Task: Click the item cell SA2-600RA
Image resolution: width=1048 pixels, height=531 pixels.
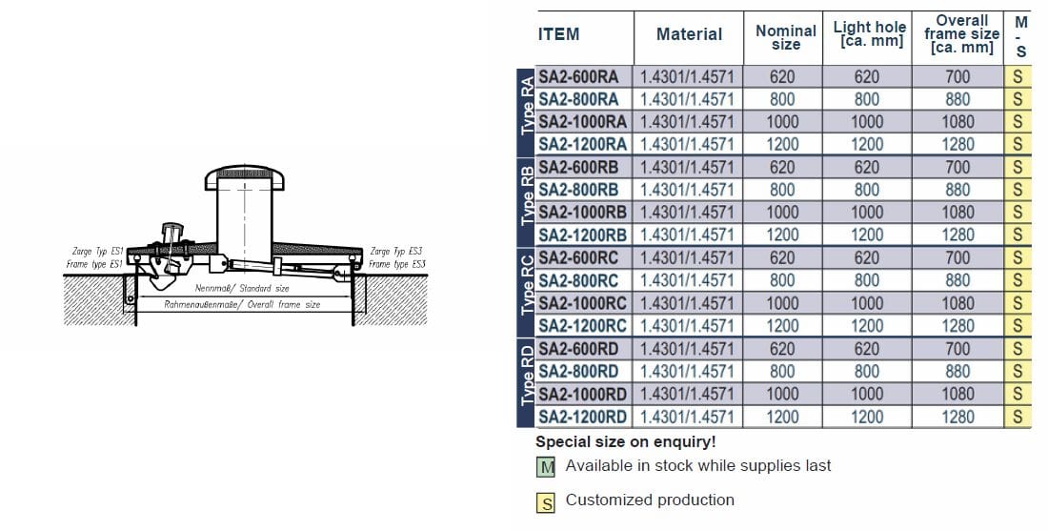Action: (x=578, y=76)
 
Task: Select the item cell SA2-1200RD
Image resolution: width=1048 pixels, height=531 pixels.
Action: (x=582, y=417)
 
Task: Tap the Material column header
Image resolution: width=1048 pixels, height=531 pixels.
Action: (x=689, y=34)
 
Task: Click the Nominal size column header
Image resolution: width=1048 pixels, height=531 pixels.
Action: (x=785, y=37)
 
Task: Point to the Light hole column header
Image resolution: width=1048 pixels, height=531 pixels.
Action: (x=868, y=34)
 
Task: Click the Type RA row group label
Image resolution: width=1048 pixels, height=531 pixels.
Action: (x=526, y=110)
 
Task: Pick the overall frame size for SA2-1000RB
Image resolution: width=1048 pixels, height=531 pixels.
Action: (x=957, y=212)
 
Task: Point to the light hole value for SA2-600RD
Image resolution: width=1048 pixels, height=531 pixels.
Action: (x=867, y=349)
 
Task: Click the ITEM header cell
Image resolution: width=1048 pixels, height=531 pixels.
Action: (x=559, y=34)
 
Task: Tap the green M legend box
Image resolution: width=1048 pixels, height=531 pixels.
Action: (x=546, y=467)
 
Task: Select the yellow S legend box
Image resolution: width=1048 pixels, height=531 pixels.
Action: (x=546, y=502)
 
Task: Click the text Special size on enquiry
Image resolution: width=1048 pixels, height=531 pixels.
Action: (x=625, y=441)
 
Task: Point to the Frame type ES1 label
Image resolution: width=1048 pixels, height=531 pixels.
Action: (x=95, y=263)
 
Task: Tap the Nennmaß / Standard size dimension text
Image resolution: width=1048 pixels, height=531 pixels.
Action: (x=242, y=287)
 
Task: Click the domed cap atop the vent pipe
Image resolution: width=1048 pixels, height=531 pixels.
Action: (x=245, y=174)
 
